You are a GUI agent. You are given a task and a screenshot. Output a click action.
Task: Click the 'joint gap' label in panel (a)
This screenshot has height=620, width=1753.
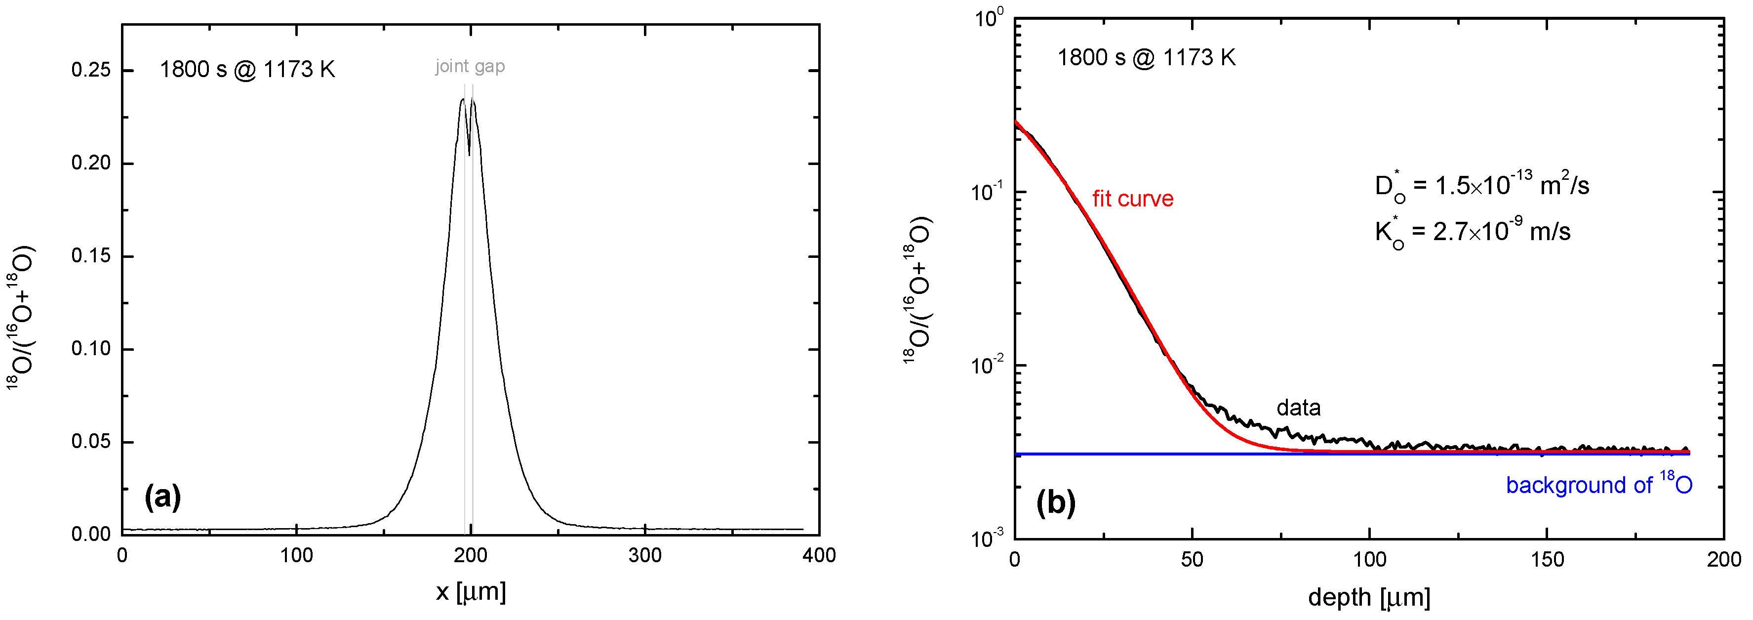470,67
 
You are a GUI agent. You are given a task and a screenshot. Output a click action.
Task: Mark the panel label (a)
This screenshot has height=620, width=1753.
162,497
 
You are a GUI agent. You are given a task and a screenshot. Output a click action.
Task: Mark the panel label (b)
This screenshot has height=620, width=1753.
1055,503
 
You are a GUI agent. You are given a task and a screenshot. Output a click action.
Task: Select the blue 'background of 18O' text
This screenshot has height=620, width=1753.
1598,485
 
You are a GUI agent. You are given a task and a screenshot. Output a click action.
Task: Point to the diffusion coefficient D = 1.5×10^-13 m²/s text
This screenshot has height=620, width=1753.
1481,185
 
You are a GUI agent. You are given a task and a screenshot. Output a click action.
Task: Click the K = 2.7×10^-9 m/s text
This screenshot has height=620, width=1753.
1472,231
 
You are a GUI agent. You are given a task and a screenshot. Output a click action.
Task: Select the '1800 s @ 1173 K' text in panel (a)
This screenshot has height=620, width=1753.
247,70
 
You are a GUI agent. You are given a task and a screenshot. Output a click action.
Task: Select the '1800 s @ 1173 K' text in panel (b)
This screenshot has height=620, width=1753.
1146,58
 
